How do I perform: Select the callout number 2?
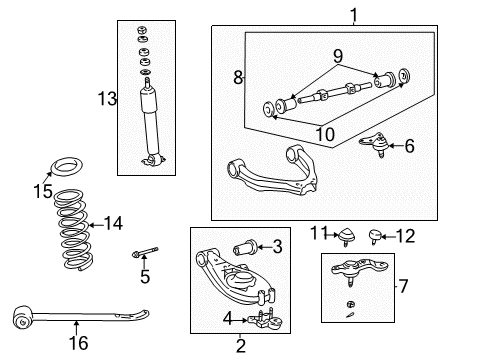(240, 346)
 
